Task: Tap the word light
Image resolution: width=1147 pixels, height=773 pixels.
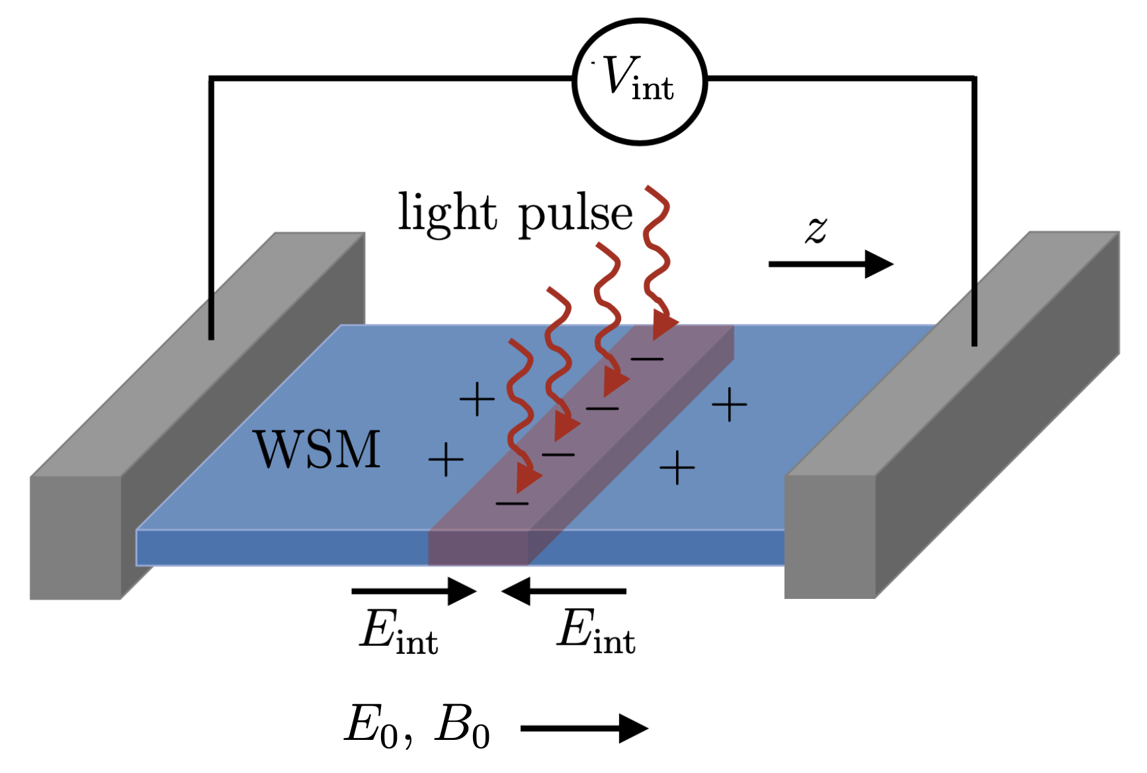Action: tap(447, 213)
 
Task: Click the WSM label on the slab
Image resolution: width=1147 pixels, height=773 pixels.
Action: tap(318, 450)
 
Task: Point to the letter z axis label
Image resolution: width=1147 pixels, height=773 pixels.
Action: tap(817, 230)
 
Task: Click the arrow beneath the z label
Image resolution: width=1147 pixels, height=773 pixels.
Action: tap(831, 264)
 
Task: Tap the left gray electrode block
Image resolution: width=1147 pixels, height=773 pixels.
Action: tap(197, 416)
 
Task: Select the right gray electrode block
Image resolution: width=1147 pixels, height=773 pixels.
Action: tap(952, 415)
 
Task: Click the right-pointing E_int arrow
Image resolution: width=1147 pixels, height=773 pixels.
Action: tap(414, 591)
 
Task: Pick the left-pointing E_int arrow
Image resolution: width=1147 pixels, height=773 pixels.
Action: tap(564, 591)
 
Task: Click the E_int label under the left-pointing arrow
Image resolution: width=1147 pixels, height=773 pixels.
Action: tap(597, 631)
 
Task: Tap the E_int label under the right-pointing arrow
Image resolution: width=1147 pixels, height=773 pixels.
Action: tap(400, 631)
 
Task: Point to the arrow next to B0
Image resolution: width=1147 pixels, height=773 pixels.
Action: tap(585, 729)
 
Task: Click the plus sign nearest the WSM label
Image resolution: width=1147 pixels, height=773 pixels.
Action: tap(446, 459)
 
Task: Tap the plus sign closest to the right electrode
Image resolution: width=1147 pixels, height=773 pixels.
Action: tap(729, 404)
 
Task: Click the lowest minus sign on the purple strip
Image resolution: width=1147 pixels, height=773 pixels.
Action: tap(513, 504)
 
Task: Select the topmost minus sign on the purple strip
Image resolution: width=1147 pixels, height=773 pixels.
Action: tap(647, 359)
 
